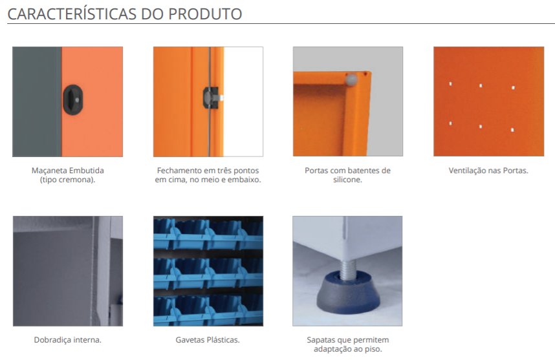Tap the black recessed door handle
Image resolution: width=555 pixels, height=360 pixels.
point(73,100)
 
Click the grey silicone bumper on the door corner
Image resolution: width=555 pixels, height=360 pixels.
point(351,79)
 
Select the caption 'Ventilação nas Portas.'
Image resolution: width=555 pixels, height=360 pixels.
point(488,171)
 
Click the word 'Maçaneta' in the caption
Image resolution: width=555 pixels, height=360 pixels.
point(50,171)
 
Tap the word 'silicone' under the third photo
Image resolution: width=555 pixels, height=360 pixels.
point(347,180)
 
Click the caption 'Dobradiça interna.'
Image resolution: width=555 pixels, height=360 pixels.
point(68,340)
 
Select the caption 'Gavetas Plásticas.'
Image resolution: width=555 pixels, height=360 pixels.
point(208,340)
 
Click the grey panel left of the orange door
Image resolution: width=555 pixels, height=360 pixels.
point(37,101)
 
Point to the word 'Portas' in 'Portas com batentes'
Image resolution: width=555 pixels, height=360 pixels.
point(316,171)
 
